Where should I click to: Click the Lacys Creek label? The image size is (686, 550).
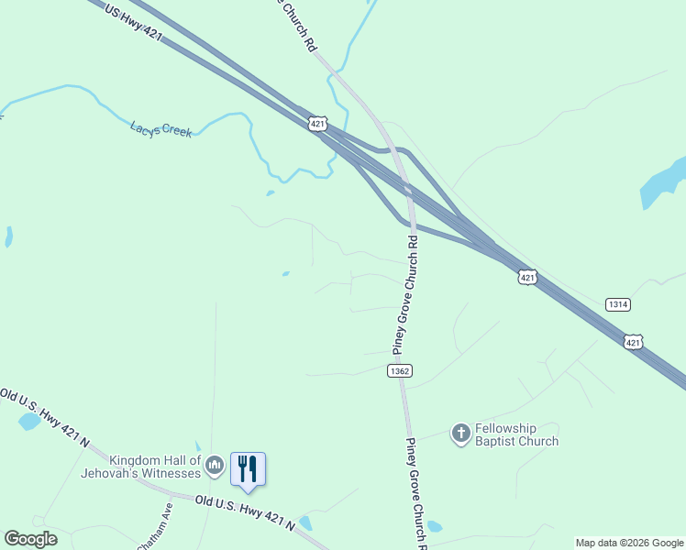click(x=161, y=130)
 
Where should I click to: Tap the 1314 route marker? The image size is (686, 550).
click(x=618, y=304)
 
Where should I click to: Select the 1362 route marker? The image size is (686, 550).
click(x=399, y=370)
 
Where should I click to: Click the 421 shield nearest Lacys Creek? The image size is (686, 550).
click(x=317, y=124)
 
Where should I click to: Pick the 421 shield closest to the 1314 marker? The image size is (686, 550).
click(x=634, y=341)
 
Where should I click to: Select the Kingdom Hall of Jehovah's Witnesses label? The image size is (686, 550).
click(x=154, y=467)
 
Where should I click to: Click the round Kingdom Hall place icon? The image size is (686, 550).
click(x=215, y=467)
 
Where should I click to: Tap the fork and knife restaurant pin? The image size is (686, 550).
click(x=248, y=468)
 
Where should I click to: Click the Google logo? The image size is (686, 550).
click(x=30, y=539)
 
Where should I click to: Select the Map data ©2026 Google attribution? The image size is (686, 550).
click(x=629, y=543)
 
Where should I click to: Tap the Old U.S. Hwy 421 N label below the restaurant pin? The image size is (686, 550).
click(x=245, y=511)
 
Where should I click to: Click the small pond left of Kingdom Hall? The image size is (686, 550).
click(x=29, y=421)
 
